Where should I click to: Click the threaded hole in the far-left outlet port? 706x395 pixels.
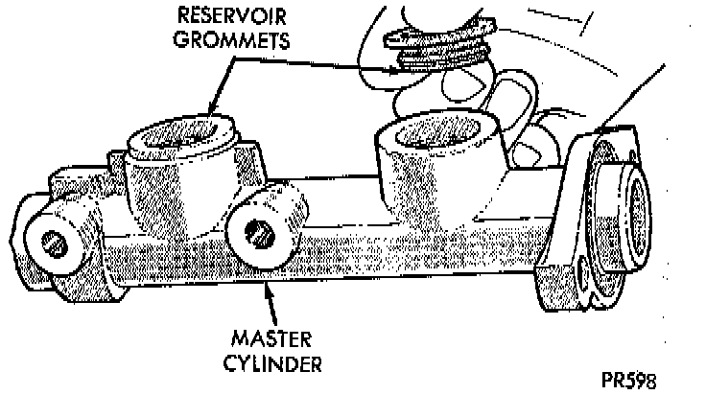tap(59, 244)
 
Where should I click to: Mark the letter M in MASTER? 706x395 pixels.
tap(241, 342)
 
